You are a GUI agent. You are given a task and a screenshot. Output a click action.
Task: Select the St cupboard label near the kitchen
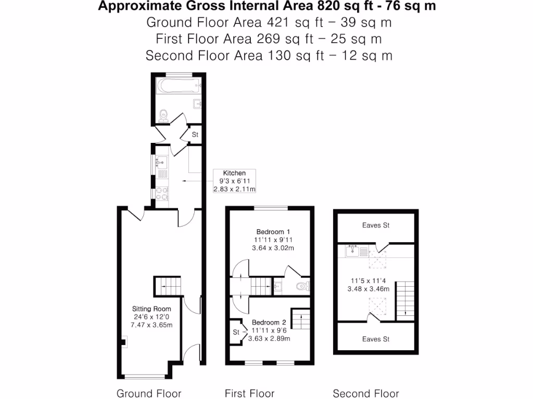(x=195, y=135)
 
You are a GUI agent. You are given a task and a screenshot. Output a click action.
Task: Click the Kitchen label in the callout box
(x=234, y=173)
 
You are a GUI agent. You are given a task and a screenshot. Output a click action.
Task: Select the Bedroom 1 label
(x=273, y=232)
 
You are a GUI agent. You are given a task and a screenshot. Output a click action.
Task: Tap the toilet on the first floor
(x=302, y=286)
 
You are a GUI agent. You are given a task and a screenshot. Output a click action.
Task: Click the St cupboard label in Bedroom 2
(x=236, y=331)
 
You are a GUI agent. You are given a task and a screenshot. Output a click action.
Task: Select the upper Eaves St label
(x=376, y=225)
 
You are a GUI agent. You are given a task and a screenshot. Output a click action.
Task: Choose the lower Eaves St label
(x=376, y=339)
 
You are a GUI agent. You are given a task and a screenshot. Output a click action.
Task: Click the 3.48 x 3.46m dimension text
(x=372, y=289)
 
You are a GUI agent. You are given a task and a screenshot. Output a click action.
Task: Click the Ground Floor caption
(x=149, y=393)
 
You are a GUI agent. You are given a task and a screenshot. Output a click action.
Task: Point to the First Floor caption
(x=249, y=393)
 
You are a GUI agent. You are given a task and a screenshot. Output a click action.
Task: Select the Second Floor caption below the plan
(x=366, y=393)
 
